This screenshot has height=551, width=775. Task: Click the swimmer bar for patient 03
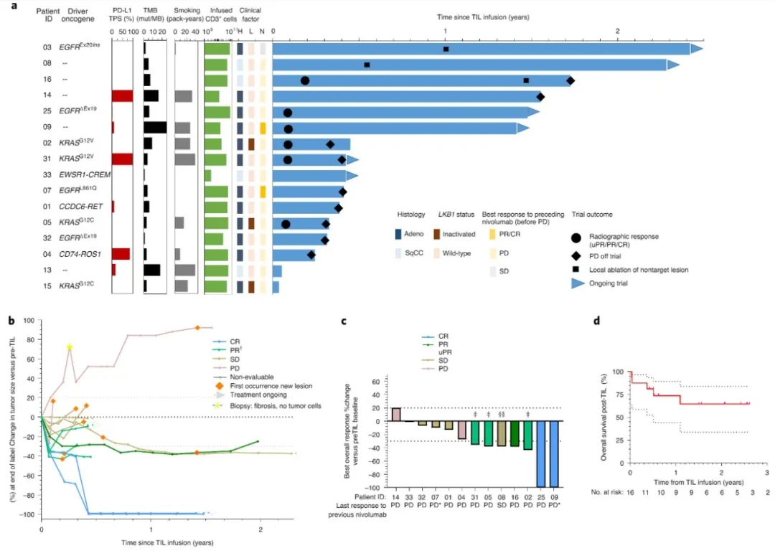(481, 49)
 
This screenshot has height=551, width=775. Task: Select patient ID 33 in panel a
(47, 175)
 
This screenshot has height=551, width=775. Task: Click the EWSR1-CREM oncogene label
(81, 175)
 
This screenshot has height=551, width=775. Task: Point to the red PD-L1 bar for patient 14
(123, 96)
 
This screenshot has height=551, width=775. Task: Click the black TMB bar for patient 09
(155, 128)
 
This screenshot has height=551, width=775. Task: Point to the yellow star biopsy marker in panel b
(70, 348)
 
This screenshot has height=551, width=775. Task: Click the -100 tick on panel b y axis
(28, 514)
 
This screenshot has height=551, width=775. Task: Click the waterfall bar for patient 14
(396, 415)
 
